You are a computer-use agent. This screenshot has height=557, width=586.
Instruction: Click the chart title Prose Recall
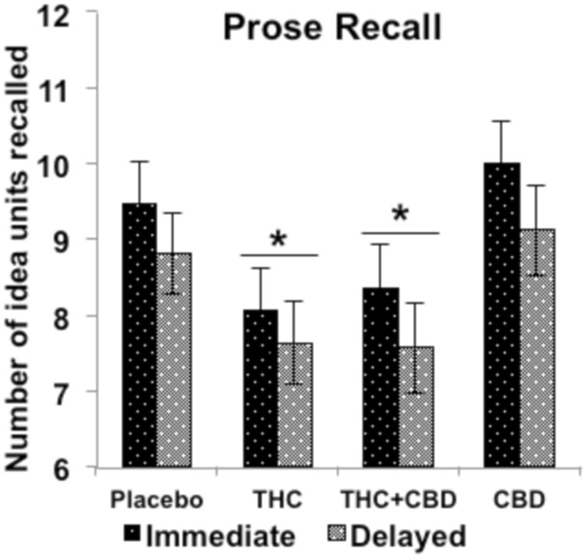point(332,29)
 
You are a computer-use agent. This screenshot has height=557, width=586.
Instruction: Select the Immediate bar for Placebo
point(139,336)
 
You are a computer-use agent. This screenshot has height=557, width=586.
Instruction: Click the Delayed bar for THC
point(295,406)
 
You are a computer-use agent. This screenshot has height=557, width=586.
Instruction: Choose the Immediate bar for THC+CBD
point(381,378)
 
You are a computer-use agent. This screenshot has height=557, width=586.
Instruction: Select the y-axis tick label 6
point(77,467)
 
